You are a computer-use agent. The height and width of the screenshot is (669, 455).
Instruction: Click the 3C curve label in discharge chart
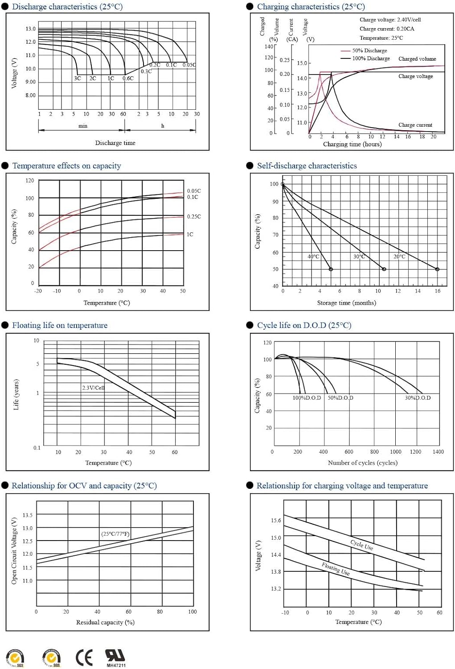point(78,78)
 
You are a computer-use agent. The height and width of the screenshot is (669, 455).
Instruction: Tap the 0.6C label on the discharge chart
point(128,78)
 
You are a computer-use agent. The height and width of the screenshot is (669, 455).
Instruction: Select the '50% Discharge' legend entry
point(369,51)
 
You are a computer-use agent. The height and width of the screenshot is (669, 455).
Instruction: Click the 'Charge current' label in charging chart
point(415,125)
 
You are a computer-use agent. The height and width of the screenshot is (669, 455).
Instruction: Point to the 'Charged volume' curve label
point(417,59)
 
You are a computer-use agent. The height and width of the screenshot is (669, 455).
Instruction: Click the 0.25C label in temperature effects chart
point(194,217)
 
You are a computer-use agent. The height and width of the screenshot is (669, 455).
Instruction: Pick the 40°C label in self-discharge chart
point(313,256)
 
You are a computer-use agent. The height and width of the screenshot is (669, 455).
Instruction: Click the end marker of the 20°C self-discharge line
point(437,269)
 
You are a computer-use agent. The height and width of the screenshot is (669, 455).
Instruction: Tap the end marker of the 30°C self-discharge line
point(384,269)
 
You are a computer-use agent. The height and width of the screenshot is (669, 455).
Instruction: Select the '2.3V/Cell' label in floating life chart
point(93,388)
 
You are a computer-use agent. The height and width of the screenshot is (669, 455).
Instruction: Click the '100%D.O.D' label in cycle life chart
point(307,398)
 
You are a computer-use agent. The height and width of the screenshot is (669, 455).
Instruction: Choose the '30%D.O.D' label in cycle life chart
point(418,398)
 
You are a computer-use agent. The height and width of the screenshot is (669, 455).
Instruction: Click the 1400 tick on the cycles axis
point(438,452)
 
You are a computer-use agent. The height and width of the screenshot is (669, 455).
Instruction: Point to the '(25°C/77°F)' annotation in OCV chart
point(115,534)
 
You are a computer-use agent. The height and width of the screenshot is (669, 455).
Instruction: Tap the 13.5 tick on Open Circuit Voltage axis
point(28,515)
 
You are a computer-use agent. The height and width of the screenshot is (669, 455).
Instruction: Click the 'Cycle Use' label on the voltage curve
point(361,545)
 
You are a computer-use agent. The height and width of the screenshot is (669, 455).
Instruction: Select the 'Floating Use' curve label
point(336,569)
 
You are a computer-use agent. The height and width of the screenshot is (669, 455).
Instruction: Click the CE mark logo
point(84,657)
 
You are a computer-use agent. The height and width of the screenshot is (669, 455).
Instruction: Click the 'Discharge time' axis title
point(115,143)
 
